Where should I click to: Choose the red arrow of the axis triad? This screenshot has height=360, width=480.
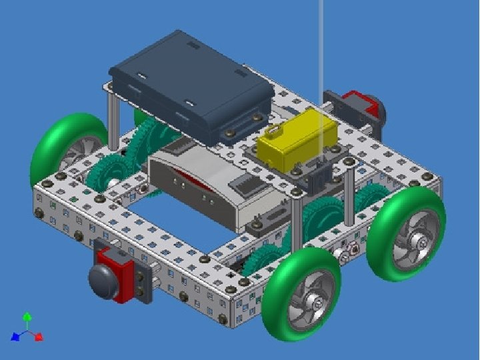click(38, 337)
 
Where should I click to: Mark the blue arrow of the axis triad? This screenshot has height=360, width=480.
click(15, 337)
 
